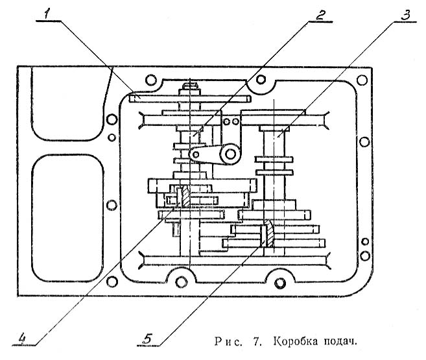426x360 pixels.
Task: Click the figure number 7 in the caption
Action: pyautogui.click(x=260, y=340)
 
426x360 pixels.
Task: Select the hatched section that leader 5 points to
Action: pyautogui.click(x=266, y=234)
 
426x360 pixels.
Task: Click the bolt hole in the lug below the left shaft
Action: pyautogui.click(x=183, y=280)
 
